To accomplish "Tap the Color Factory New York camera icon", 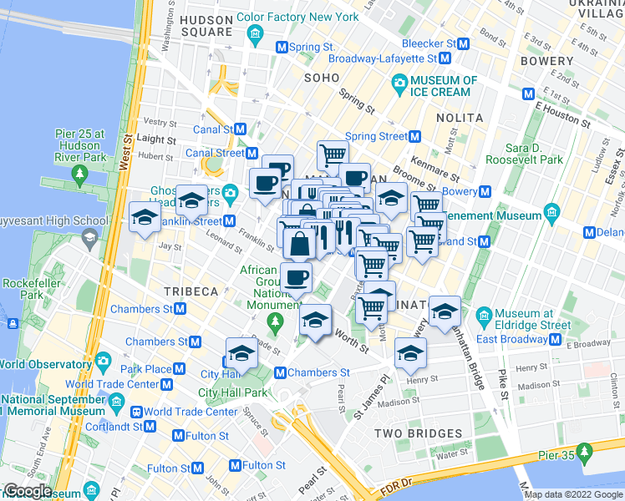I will (x=257, y=33).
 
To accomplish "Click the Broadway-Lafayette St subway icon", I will (x=445, y=58).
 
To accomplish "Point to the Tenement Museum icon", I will (x=552, y=216).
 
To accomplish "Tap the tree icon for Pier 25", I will (x=80, y=174).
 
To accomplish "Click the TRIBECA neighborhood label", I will (x=191, y=291).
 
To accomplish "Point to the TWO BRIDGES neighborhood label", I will (x=418, y=433).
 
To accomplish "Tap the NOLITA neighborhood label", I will (x=459, y=118).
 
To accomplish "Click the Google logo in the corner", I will (x=26, y=492).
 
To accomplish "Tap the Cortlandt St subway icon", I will (x=150, y=426).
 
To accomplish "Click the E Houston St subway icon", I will (x=528, y=94).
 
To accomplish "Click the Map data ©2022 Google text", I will (x=573, y=494).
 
